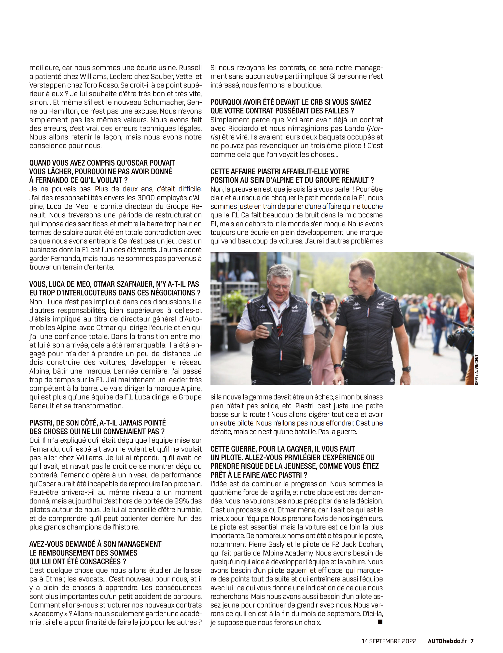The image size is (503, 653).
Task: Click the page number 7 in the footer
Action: [472, 641]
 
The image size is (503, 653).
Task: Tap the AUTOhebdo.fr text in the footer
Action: [447, 641]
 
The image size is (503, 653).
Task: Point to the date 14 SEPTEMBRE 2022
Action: [389, 641]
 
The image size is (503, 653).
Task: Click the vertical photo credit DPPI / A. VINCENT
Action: [476, 369]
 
